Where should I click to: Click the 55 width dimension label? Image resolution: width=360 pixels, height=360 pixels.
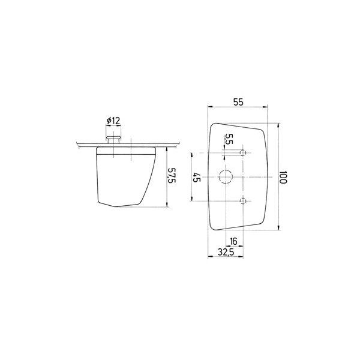[238, 102]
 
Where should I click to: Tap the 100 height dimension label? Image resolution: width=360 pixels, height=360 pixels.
[283, 177]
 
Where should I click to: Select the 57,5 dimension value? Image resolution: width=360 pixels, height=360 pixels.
[172, 175]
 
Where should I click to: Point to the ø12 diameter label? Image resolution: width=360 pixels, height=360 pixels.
[113, 121]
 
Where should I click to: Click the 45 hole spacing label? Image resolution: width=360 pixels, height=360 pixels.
[197, 177]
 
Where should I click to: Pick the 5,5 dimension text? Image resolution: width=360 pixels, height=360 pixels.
[229, 139]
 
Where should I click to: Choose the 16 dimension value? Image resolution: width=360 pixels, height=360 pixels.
[233, 242]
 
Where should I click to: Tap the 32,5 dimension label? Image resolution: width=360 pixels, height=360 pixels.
[226, 253]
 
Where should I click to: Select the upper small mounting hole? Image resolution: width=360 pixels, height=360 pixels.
[243, 152]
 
